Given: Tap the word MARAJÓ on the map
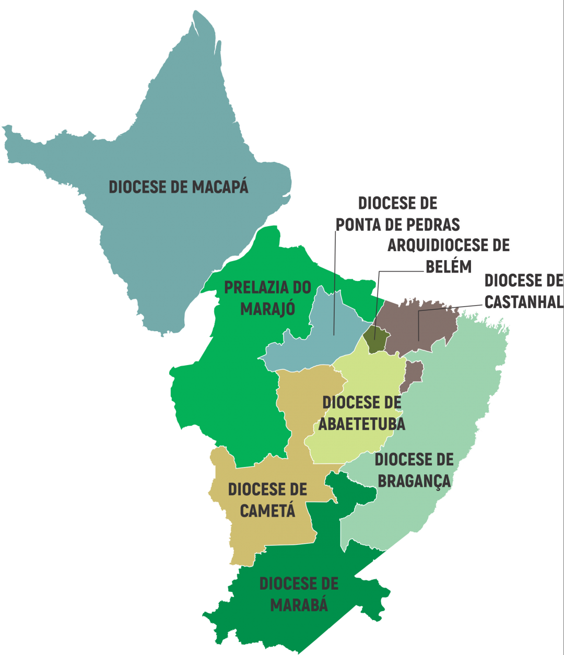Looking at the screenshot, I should tap(268, 309).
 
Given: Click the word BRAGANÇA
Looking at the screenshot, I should tap(414, 481).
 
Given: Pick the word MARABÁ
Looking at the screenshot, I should tap(299, 604).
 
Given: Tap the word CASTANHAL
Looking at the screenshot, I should tap(524, 302).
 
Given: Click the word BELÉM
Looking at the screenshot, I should tap(449, 266).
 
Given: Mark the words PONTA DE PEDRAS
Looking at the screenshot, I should tap(397, 224).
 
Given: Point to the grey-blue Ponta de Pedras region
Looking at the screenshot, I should tap(313, 345).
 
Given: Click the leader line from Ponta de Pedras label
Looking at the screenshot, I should tap(335, 282).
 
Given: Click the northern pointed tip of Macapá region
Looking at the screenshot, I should tap(197, 16).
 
